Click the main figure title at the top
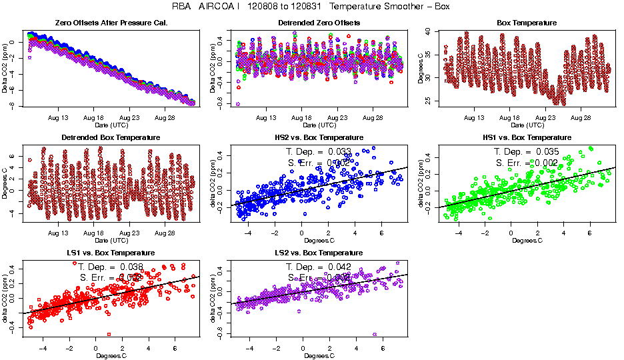[x=311, y=7]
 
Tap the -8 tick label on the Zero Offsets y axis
[x=11, y=105]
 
